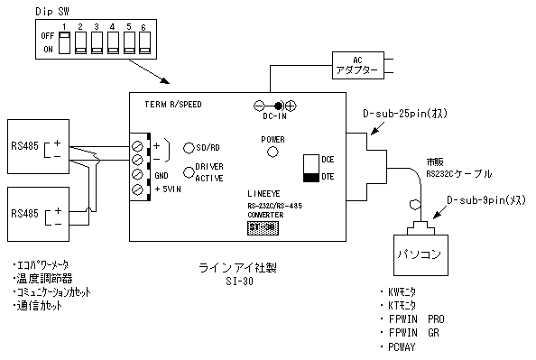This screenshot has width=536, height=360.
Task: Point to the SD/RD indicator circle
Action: pyautogui.click(x=189, y=147)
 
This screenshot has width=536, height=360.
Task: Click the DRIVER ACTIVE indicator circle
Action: pyautogui.click(x=189, y=172)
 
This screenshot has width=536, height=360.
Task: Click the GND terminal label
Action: pyautogui.click(x=162, y=175)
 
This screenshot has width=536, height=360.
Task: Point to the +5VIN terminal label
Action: pyautogui.click(x=170, y=189)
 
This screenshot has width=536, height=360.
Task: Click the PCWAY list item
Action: pyautogui.click(x=401, y=345)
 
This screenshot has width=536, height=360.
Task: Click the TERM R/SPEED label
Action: pyautogui.click(x=173, y=104)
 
